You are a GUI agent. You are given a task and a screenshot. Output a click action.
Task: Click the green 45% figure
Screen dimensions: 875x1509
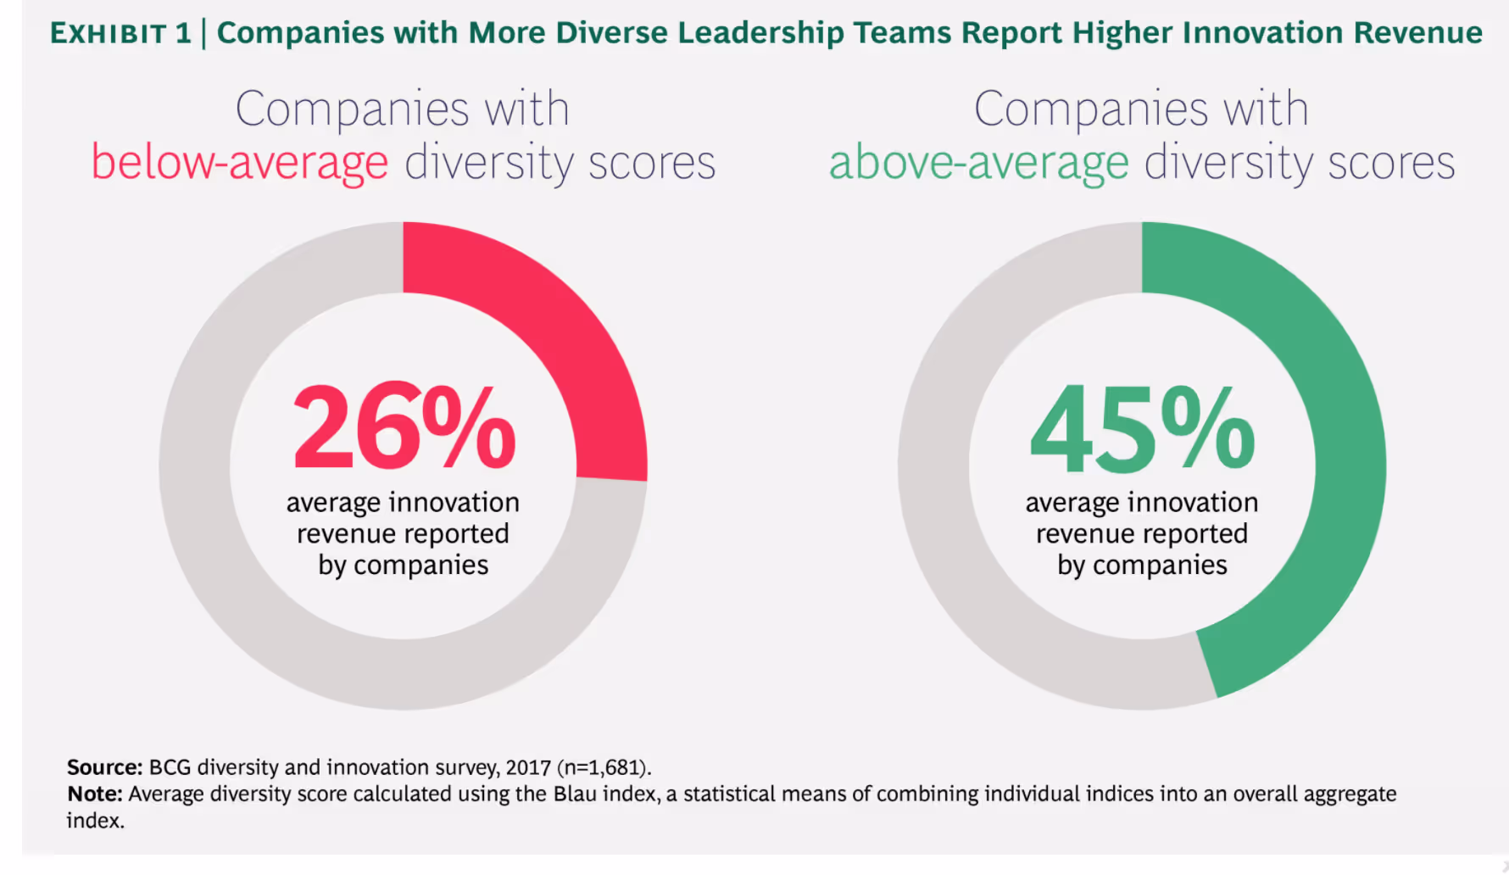click(1141, 428)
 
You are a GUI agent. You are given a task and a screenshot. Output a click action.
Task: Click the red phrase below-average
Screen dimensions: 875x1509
click(239, 163)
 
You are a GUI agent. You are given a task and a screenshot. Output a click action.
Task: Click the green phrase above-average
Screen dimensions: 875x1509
click(978, 163)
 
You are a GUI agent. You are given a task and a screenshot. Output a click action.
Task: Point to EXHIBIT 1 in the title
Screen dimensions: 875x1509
click(120, 34)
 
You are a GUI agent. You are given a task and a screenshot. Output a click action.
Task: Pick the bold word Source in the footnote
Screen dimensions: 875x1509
click(104, 767)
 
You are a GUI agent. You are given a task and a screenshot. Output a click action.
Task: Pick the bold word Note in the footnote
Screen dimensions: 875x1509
click(94, 794)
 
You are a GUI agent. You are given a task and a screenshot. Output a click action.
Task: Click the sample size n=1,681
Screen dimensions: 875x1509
click(604, 767)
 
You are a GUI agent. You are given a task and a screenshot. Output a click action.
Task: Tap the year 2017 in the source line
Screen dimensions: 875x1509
click(528, 767)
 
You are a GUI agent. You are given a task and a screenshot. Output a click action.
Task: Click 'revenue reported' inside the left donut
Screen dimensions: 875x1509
click(403, 534)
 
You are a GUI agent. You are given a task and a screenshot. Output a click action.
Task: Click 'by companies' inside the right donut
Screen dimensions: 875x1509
click(1141, 566)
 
